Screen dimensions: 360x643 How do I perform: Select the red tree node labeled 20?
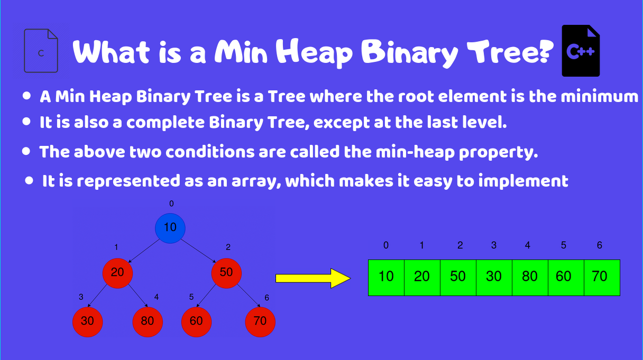coord(117,273)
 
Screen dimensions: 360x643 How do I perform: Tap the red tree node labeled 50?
coord(226,273)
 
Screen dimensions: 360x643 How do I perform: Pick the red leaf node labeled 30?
coord(88,321)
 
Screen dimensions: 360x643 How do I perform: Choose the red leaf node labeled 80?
coord(148,321)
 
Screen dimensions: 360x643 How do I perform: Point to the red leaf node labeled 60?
coord(196,321)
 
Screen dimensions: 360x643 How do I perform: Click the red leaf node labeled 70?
coord(260,321)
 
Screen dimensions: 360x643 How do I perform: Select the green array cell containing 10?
coord(387,277)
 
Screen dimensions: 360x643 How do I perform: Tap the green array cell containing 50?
coord(458,277)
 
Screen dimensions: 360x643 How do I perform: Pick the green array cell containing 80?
coord(530,277)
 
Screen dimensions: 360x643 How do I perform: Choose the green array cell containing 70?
coord(601,277)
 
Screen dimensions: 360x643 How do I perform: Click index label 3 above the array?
coord(494,245)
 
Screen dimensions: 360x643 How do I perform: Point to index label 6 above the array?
coord(599,245)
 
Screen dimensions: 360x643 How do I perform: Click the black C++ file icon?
coord(581,51)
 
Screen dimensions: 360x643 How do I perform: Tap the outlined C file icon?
coord(41,51)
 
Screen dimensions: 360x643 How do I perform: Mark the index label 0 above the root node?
coord(171,204)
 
